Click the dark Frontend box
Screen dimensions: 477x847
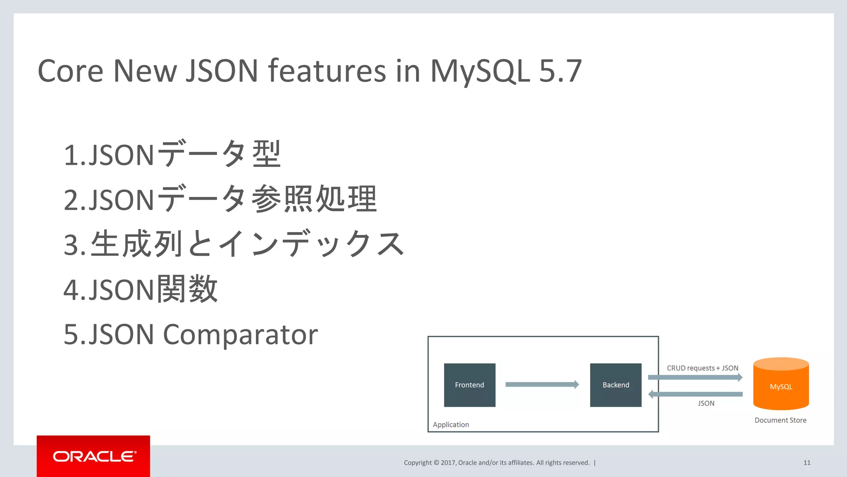point(469,385)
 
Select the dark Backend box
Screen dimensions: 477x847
point(615,385)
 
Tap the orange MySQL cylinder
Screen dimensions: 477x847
point(781,384)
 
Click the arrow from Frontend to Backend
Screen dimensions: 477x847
point(542,384)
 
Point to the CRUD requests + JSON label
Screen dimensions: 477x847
point(702,368)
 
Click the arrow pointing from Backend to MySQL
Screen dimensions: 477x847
point(695,377)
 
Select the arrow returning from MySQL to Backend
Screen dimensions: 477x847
point(695,394)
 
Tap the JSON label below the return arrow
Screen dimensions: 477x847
point(706,403)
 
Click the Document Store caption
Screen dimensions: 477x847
point(780,420)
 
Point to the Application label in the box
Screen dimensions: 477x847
point(451,424)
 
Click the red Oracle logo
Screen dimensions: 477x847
point(93,456)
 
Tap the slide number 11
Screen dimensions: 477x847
point(806,463)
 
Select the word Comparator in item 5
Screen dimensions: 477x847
point(240,334)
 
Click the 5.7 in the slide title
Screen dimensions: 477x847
point(560,71)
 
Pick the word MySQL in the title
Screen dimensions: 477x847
point(480,71)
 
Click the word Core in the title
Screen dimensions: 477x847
point(70,71)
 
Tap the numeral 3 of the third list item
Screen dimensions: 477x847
point(71,244)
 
